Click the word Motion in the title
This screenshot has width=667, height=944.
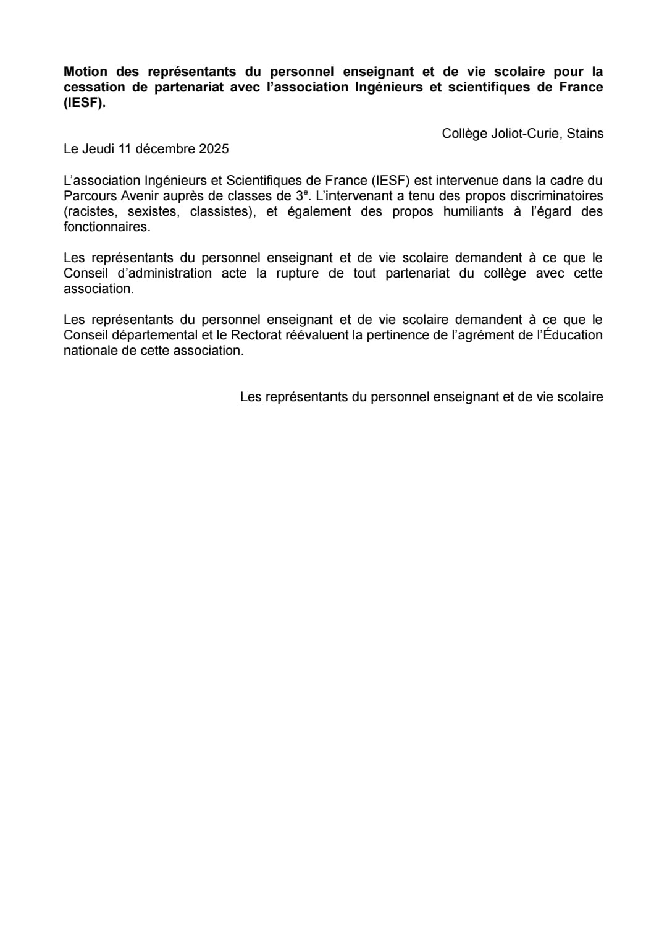coord(85,72)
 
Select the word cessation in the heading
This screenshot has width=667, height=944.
coord(94,87)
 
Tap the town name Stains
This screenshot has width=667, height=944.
coord(585,134)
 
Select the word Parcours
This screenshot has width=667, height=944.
coord(88,196)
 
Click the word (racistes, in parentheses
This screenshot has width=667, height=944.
coord(90,211)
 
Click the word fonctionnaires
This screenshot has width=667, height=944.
coord(106,227)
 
